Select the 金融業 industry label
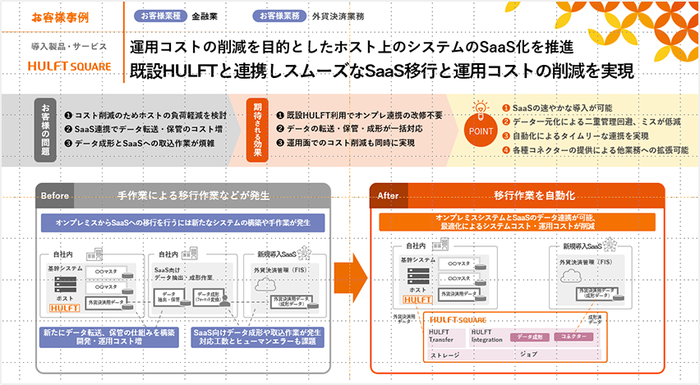pos(205,16)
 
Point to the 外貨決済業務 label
pos(338,16)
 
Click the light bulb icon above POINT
pos(481,108)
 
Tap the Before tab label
pos(55,195)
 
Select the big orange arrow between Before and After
pos(352,272)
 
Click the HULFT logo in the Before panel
pos(63,308)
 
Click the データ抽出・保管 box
pos(169,296)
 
